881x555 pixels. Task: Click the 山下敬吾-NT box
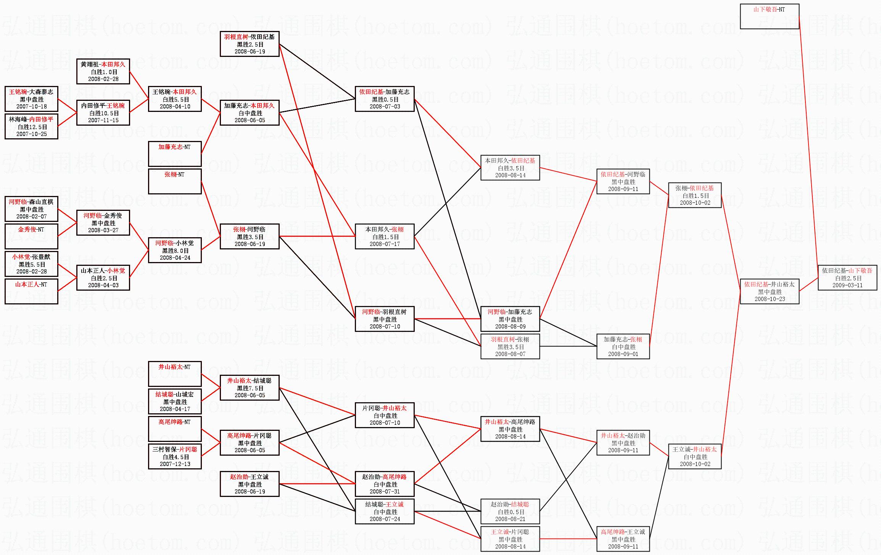(769, 16)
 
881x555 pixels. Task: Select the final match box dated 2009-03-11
(847, 278)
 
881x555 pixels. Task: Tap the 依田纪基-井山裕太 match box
(769, 291)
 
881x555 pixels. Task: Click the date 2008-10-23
(770, 299)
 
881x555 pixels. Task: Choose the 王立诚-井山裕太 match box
(694, 456)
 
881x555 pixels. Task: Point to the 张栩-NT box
(174, 181)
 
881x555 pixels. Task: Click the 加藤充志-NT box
(174, 154)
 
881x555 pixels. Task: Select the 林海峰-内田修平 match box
(31, 126)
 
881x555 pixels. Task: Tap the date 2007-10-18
(31, 107)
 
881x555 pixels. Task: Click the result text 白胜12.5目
(31, 127)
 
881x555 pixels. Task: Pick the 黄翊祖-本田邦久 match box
(103, 71)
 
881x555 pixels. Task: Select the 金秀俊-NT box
(31, 236)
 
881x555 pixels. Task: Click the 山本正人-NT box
(31, 291)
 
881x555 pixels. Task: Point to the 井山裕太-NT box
(174, 374)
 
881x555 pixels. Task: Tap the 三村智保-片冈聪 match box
(174, 456)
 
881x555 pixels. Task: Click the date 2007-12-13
(175, 464)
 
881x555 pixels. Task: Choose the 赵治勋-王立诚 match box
(249, 484)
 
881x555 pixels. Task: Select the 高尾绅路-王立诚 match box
(623, 539)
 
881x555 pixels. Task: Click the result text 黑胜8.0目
(175, 251)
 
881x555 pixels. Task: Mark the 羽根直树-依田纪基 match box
(249, 44)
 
